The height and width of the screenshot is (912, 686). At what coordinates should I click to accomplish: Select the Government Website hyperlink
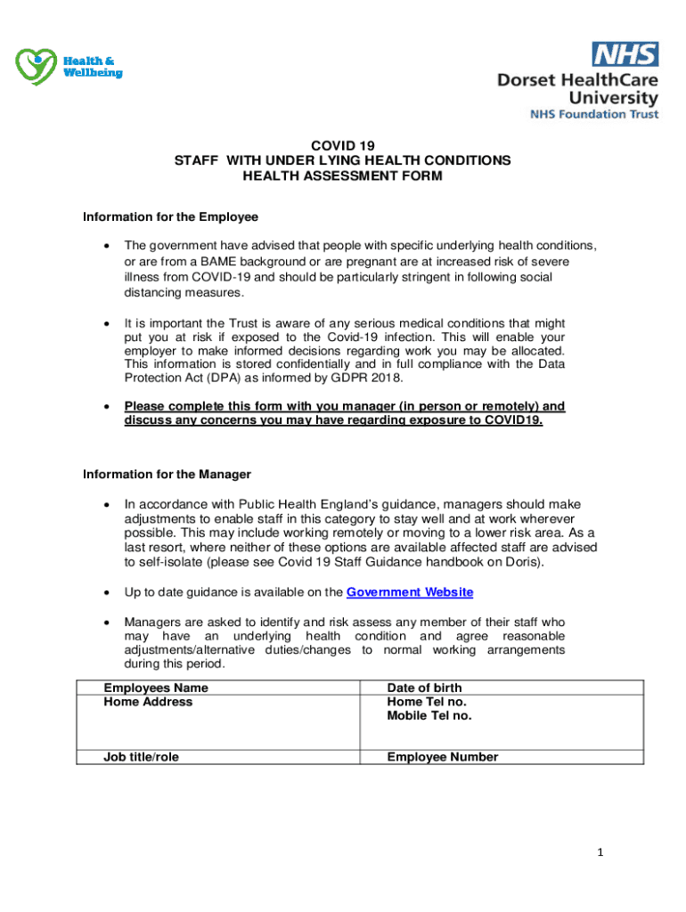tap(409, 592)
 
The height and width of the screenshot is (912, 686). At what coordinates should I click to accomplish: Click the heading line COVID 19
tap(342, 145)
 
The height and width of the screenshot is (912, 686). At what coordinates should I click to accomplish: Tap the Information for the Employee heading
tap(170, 216)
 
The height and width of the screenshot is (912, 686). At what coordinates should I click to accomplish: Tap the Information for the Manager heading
tap(167, 474)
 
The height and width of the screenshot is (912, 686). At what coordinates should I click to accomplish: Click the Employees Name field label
tap(156, 688)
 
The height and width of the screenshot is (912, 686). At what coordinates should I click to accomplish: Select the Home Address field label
tap(148, 702)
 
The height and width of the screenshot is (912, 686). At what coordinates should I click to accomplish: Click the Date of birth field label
tap(424, 688)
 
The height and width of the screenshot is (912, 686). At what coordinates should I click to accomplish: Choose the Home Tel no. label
tap(426, 702)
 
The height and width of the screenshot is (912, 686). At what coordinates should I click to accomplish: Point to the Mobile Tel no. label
tap(429, 715)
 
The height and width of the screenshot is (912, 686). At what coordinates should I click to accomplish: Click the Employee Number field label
tap(442, 757)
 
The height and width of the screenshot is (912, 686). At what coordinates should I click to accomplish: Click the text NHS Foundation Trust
tap(594, 114)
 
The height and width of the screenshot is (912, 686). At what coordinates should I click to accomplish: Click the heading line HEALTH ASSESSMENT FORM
tap(342, 176)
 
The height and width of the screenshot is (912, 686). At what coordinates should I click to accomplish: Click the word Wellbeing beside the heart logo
tap(92, 72)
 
